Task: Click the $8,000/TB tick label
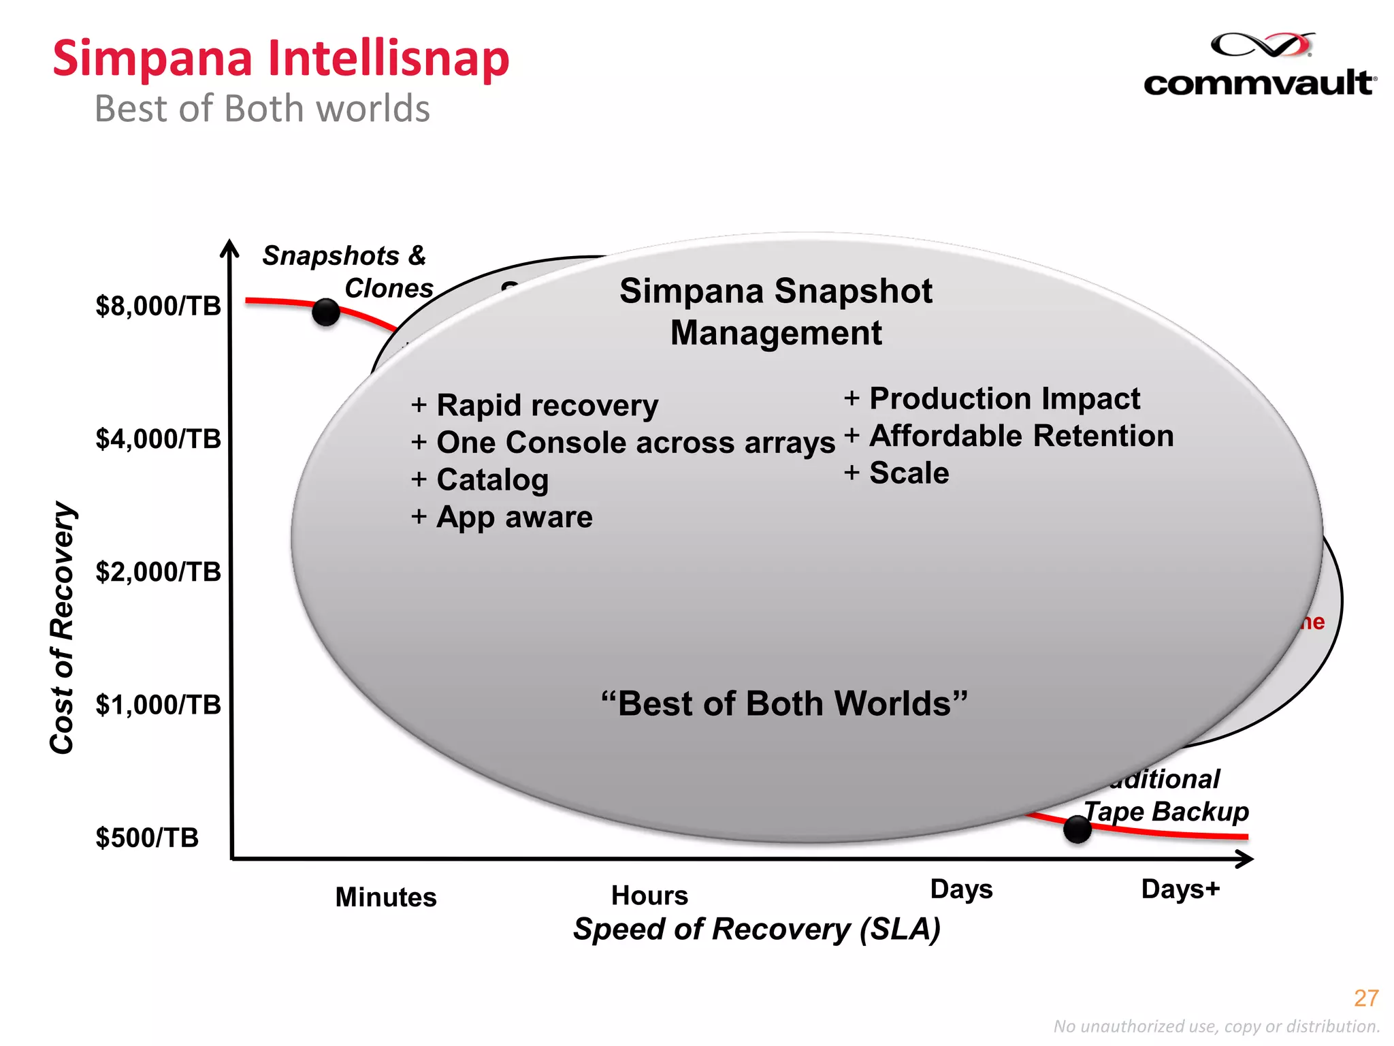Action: [x=158, y=306]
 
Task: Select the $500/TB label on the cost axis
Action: [x=147, y=838]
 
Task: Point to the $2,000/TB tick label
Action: [x=158, y=572]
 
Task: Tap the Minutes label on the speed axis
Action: [x=386, y=897]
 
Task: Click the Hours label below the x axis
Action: [x=649, y=896]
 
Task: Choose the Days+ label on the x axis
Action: [x=1180, y=889]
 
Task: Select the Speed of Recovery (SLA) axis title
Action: [x=756, y=930]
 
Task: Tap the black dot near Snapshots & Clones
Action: [x=326, y=313]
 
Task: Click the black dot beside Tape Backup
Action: [x=1077, y=829]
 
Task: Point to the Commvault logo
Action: [x=1260, y=65]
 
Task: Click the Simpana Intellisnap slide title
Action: [x=280, y=59]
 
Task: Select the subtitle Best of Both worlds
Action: [x=262, y=109]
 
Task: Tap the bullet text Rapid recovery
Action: [x=547, y=405]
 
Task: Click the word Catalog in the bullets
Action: [x=492, y=479]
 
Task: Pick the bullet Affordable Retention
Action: [x=1021, y=436]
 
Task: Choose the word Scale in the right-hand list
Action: [x=909, y=473]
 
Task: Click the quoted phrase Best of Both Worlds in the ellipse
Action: [x=784, y=703]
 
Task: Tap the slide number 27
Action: [x=1365, y=998]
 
